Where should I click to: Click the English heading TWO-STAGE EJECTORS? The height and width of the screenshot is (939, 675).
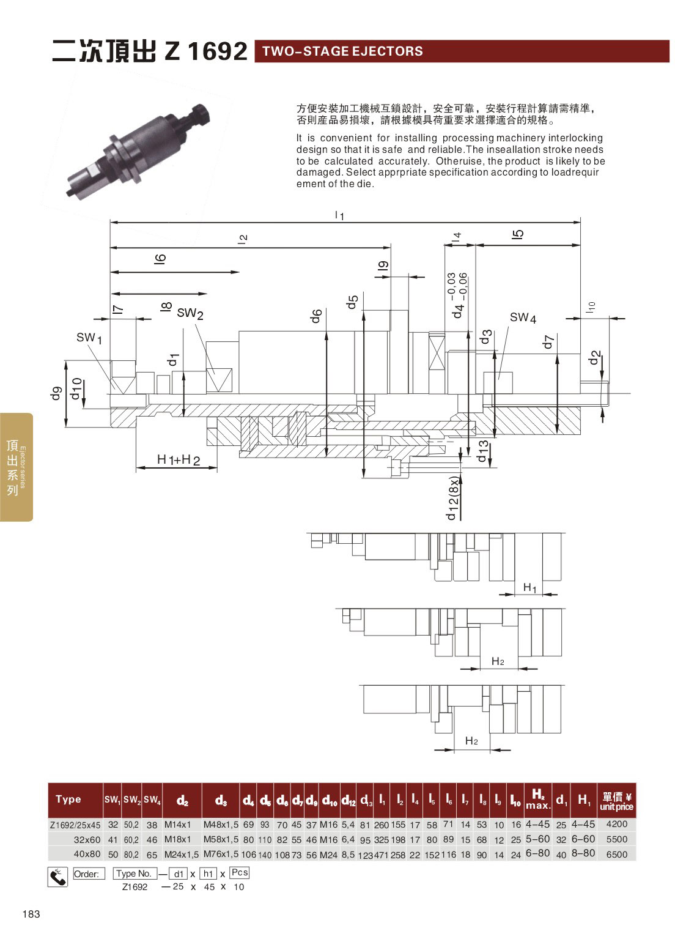click(x=342, y=51)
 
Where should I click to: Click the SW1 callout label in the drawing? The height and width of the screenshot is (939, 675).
click(x=89, y=337)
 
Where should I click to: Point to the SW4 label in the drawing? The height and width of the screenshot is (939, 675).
click(x=523, y=317)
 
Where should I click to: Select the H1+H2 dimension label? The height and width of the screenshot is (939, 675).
click(x=179, y=459)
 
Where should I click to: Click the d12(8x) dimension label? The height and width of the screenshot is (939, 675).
click(x=452, y=498)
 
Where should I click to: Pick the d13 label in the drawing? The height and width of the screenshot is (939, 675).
click(x=483, y=451)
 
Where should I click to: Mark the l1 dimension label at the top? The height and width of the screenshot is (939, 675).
click(x=340, y=215)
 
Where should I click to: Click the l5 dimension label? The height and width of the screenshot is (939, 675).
click(x=518, y=234)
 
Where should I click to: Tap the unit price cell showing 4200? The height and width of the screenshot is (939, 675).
click(x=616, y=824)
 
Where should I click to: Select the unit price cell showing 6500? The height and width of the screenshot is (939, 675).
click(x=616, y=854)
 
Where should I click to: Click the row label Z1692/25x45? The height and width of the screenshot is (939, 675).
click(x=75, y=825)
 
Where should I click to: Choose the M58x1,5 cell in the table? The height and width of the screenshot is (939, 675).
click(x=221, y=839)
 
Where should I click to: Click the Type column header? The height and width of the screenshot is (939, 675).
click(x=68, y=799)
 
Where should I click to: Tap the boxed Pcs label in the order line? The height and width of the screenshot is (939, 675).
click(x=240, y=873)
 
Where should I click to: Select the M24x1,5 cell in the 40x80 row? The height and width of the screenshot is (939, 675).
click(x=181, y=854)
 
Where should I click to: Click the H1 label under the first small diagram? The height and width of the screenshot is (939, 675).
click(x=530, y=588)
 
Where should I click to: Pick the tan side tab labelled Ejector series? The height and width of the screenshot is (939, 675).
click(x=17, y=467)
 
